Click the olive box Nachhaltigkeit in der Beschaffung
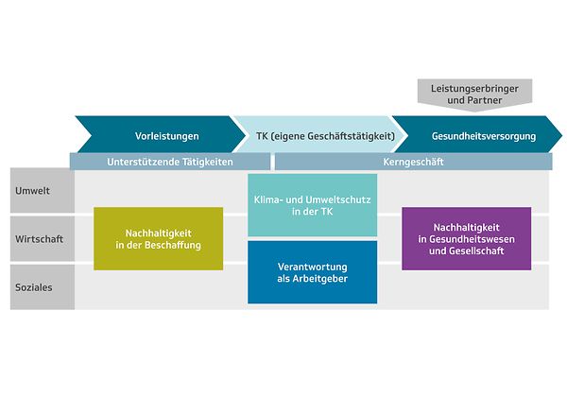tap(158, 238)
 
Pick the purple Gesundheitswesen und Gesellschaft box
tap(466, 238)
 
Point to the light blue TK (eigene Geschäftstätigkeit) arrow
tap(312, 135)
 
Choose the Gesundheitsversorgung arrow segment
tap(477, 135)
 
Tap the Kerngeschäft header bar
tap(414, 162)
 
